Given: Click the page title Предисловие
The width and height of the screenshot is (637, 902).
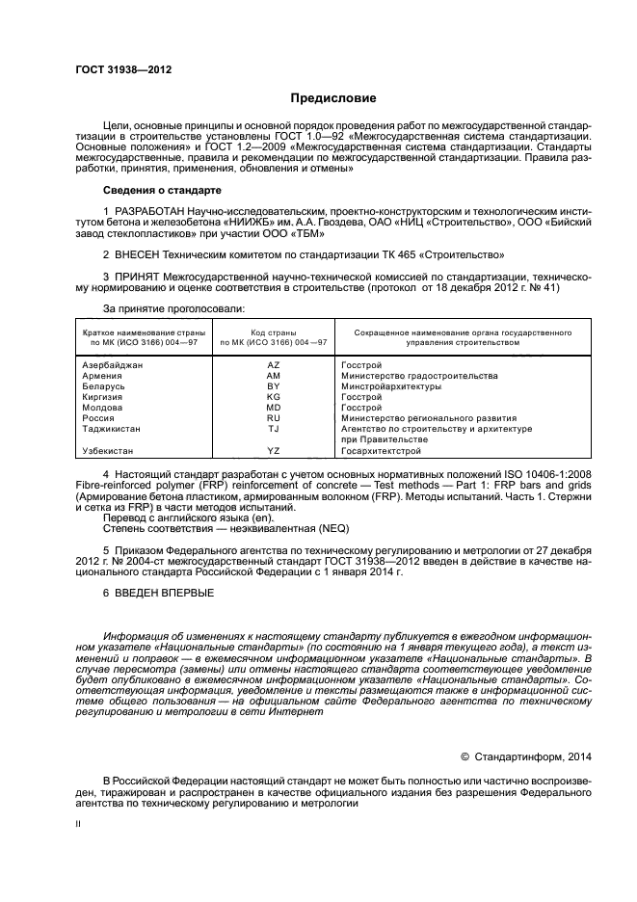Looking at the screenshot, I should tap(333, 98).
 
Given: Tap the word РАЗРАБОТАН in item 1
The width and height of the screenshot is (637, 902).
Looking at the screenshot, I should tap(146, 209).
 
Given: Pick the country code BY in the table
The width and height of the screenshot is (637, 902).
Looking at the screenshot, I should tap(273, 386).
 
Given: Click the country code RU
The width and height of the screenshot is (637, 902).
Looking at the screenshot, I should tap(273, 418).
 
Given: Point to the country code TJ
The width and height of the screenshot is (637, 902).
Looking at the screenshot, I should tap(273, 429).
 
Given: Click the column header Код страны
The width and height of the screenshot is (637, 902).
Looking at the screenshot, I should tap(273, 332).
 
